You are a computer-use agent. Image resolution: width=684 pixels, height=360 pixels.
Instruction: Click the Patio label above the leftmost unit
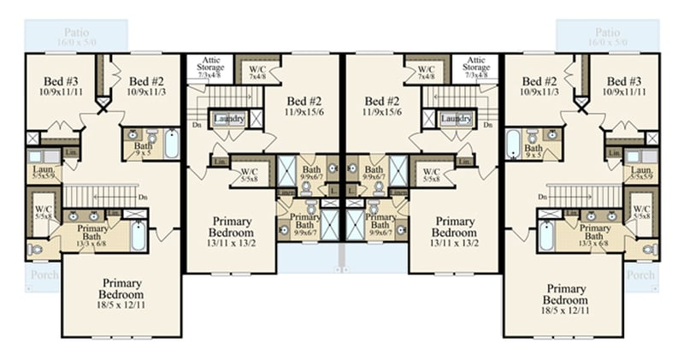coord(75,30)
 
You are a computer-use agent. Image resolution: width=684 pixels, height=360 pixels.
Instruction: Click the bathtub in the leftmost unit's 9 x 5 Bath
coord(171,143)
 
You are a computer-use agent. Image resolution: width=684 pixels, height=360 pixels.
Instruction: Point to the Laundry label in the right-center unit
coord(456,119)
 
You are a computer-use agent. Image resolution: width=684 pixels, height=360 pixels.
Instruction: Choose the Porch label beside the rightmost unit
coord(640,275)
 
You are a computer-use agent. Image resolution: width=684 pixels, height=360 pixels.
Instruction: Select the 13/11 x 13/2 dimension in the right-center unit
coord(453,244)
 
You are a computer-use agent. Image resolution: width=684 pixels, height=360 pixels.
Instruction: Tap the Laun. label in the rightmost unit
coord(641,172)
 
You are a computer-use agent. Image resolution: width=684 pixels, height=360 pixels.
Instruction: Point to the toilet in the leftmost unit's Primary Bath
coord(35,249)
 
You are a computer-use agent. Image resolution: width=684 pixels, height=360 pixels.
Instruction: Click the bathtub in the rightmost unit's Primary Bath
coord(546,235)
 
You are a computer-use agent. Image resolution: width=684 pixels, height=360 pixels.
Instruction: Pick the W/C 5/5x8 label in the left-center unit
coord(250,175)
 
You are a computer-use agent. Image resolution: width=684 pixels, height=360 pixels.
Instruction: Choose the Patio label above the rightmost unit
coord(608,30)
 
